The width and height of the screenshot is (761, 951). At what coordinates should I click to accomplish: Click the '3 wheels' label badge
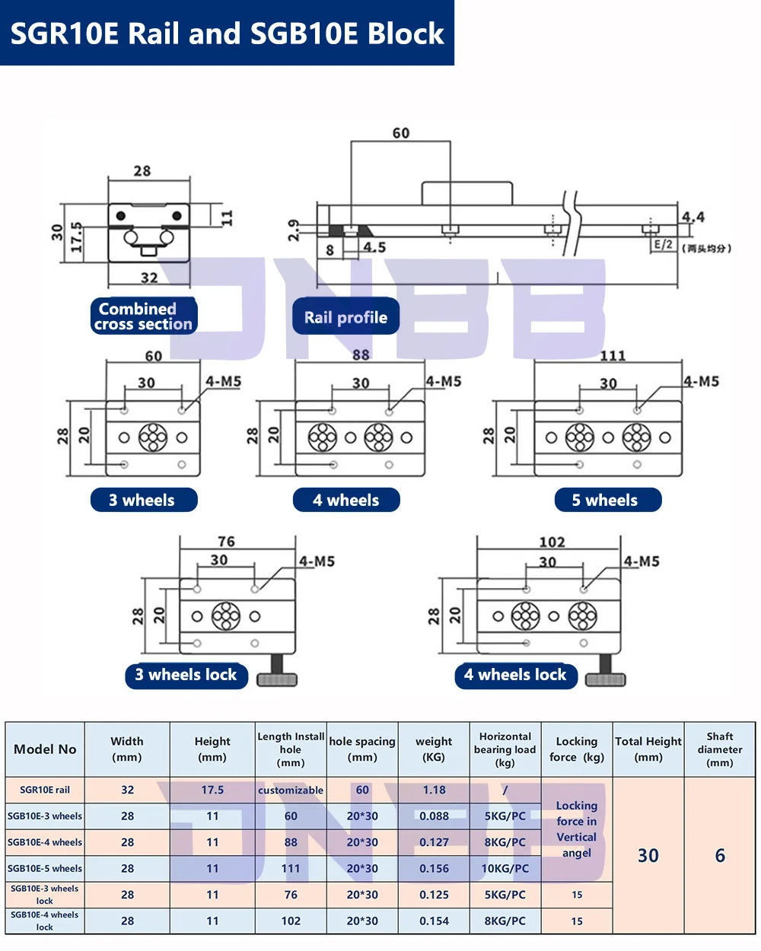(x=143, y=500)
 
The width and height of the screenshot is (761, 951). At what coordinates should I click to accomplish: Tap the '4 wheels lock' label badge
(x=515, y=675)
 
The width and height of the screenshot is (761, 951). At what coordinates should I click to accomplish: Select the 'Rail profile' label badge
(x=345, y=317)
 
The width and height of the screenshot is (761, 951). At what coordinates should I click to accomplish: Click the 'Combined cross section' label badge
(x=143, y=316)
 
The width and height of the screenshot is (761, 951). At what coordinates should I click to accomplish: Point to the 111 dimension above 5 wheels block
(x=613, y=355)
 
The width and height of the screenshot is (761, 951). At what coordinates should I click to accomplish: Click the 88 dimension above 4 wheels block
(x=361, y=355)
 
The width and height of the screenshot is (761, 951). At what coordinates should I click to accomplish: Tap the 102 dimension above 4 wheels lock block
(x=552, y=542)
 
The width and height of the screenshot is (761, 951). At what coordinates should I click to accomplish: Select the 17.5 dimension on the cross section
(x=76, y=237)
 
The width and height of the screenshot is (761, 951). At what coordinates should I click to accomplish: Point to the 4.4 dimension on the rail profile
(x=693, y=217)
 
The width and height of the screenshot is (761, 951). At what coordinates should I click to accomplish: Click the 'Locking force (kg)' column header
(x=576, y=749)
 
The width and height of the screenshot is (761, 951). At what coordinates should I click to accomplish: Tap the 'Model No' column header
(x=45, y=749)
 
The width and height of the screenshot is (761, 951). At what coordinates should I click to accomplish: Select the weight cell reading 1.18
(x=434, y=790)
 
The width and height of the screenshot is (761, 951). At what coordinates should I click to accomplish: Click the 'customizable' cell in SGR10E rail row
(x=291, y=790)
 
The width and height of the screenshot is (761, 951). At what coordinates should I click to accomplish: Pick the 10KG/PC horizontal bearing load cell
(x=505, y=868)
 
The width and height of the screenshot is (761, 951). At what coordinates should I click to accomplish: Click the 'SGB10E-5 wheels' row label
(x=45, y=868)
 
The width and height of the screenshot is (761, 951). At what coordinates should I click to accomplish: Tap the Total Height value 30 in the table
(x=648, y=855)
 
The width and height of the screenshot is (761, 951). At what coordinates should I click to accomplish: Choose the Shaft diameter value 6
(x=720, y=855)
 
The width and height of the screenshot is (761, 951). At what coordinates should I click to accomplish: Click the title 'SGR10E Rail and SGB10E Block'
(x=227, y=33)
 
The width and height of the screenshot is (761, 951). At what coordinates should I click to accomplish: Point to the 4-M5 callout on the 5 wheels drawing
(x=700, y=381)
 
